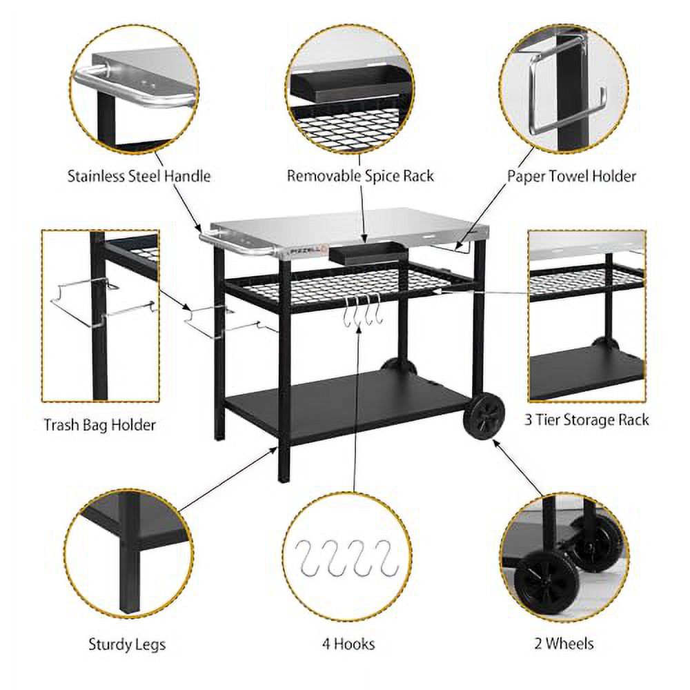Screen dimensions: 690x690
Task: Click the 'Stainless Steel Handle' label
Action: click(x=139, y=176)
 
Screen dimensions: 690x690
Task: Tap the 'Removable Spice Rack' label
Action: click(x=360, y=176)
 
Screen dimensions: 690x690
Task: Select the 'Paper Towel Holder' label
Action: click(x=571, y=176)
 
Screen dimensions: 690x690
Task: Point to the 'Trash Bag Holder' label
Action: click(x=99, y=424)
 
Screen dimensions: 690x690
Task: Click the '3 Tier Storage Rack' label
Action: click(x=586, y=419)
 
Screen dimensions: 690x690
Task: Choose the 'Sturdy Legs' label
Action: click(x=127, y=644)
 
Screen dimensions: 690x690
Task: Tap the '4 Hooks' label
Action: click(x=348, y=644)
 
